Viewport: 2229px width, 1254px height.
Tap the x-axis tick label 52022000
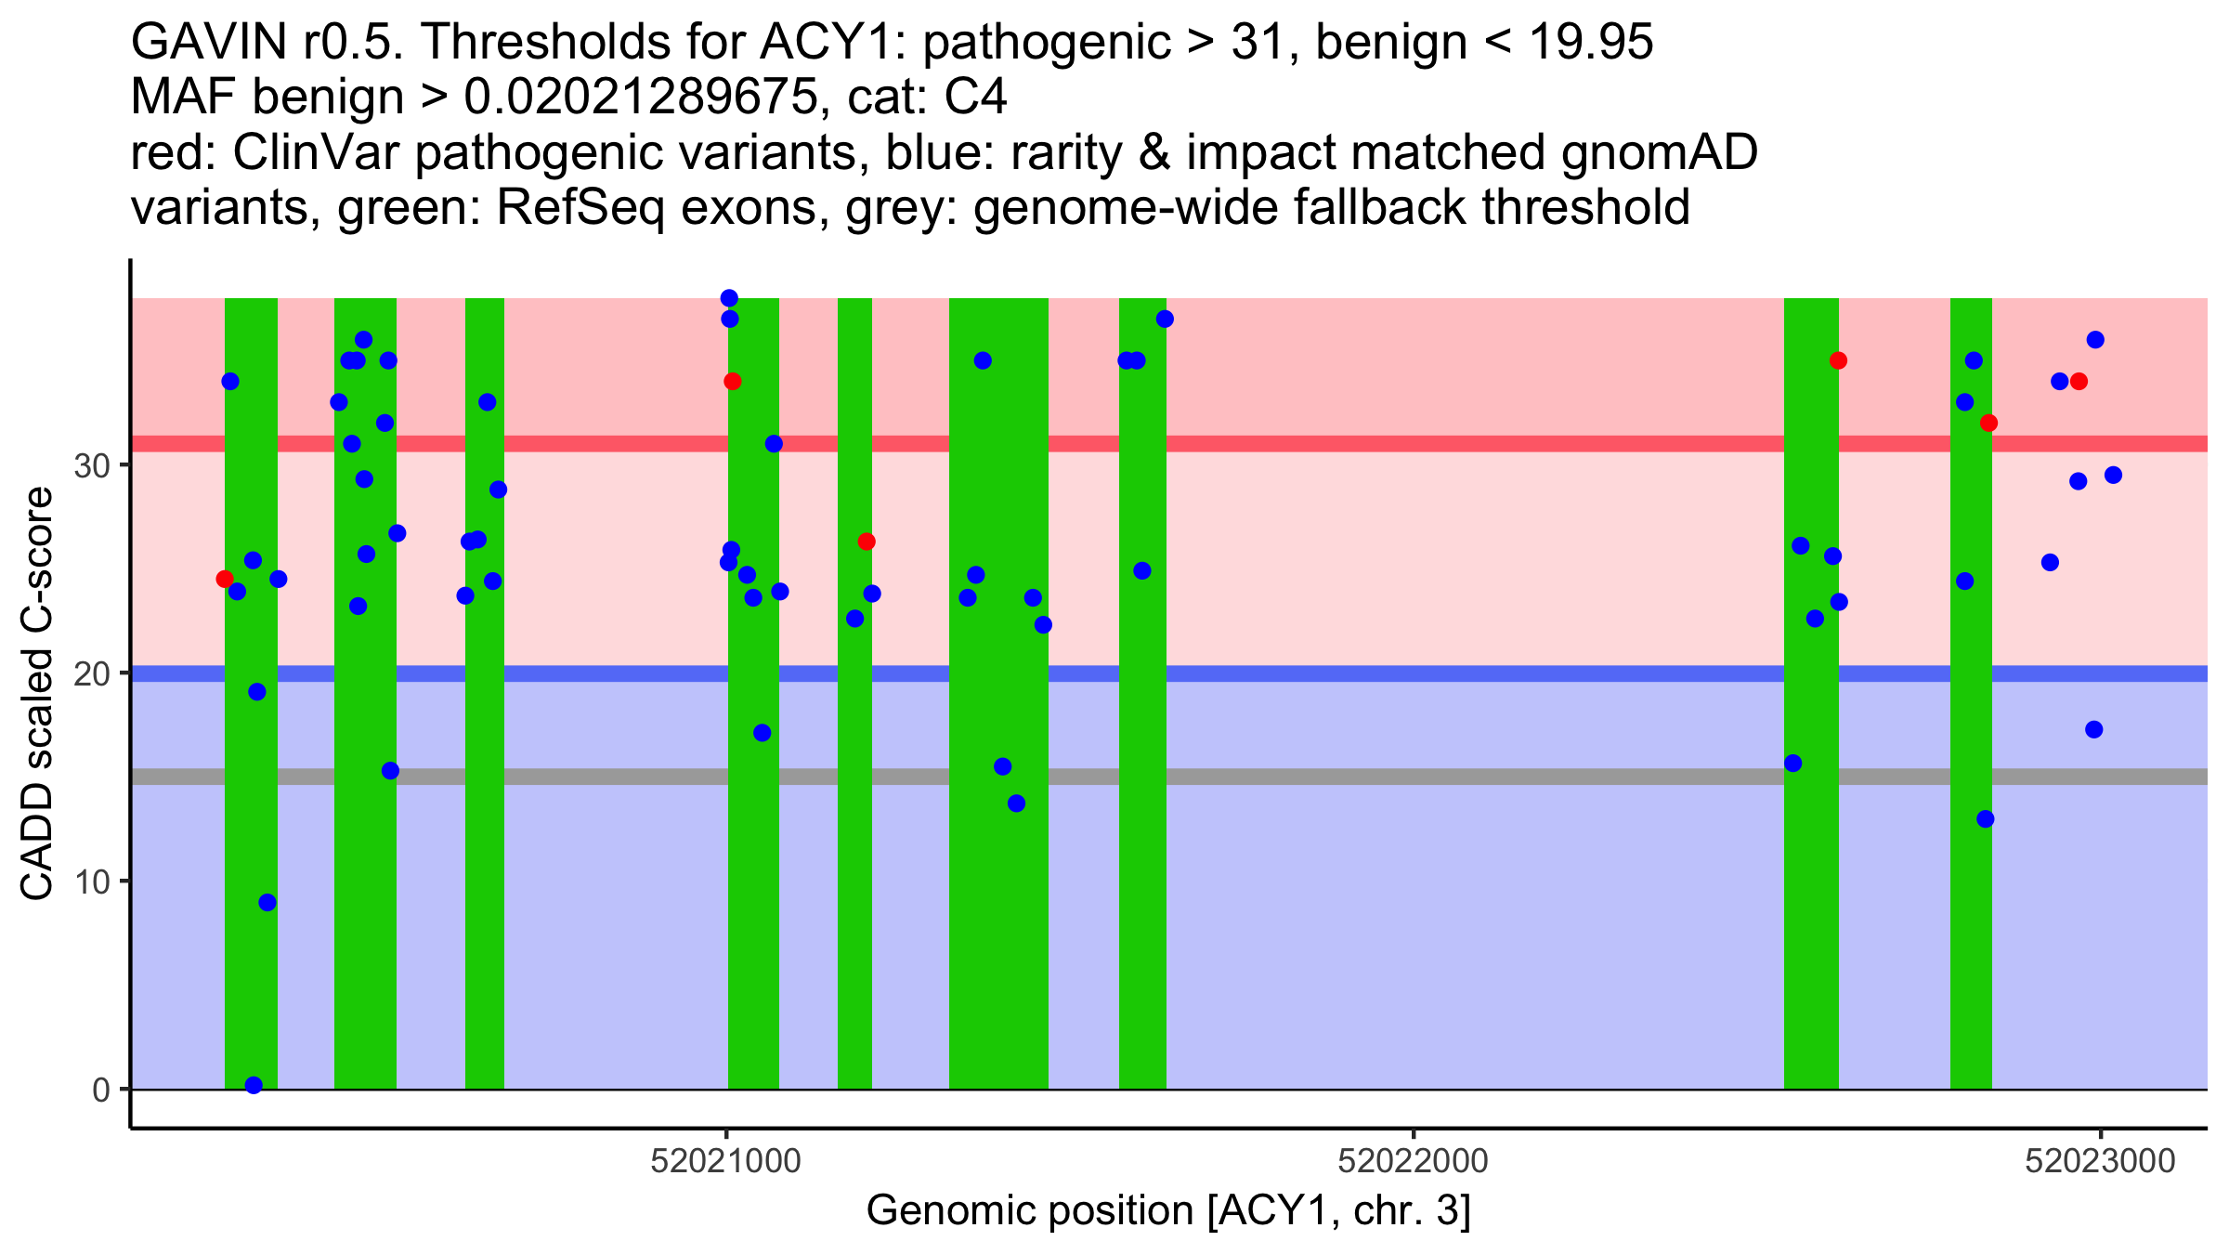pyautogui.click(x=1413, y=1161)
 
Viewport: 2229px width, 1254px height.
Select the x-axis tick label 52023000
pyautogui.click(x=2100, y=1161)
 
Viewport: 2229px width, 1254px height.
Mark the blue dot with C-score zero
pyautogui.click(x=254, y=1085)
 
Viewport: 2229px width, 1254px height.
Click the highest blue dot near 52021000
pyautogui.click(x=729, y=298)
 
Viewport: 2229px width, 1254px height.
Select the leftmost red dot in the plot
pyautogui.click(x=225, y=579)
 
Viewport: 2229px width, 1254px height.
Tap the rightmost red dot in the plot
pyautogui.click(x=2079, y=382)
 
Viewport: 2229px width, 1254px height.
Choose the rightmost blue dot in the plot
pyautogui.click(x=2113, y=476)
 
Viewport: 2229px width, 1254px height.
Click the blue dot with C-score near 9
pyautogui.click(x=267, y=902)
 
